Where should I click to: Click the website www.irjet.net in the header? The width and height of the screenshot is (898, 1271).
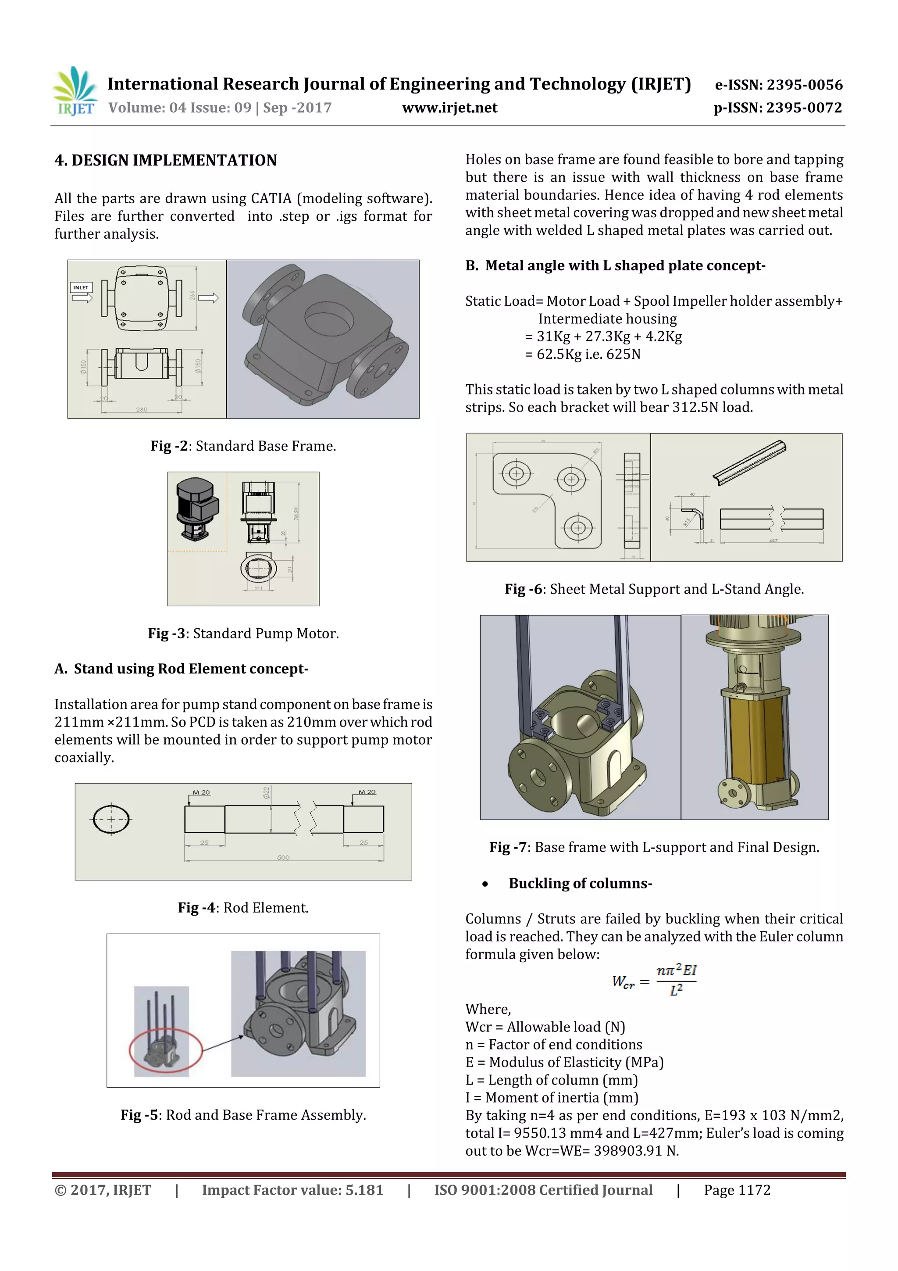click(x=449, y=108)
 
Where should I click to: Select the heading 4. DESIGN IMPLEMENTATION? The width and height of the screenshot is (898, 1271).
click(x=165, y=161)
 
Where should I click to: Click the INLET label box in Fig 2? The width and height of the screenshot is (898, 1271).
click(x=81, y=287)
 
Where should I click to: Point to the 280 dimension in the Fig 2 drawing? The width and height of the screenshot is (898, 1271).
click(x=142, y=410)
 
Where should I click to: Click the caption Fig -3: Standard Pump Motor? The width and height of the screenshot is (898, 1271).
click(x=243, y=633)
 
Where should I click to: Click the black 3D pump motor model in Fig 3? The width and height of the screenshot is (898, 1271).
click(x=196, y=508)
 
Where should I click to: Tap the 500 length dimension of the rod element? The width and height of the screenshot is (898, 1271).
click(x=283, y=857)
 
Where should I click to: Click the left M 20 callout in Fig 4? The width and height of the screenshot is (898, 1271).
click(x=201, y=793)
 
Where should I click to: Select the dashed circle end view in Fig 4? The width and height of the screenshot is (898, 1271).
click(x=111, y=819)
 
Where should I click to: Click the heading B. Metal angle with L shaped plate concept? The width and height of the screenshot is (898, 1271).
click(x=615, y=266)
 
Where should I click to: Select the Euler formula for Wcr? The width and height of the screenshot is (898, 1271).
click(x=654, y=981)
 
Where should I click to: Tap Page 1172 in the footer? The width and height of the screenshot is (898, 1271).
click(x=737, y=1190)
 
